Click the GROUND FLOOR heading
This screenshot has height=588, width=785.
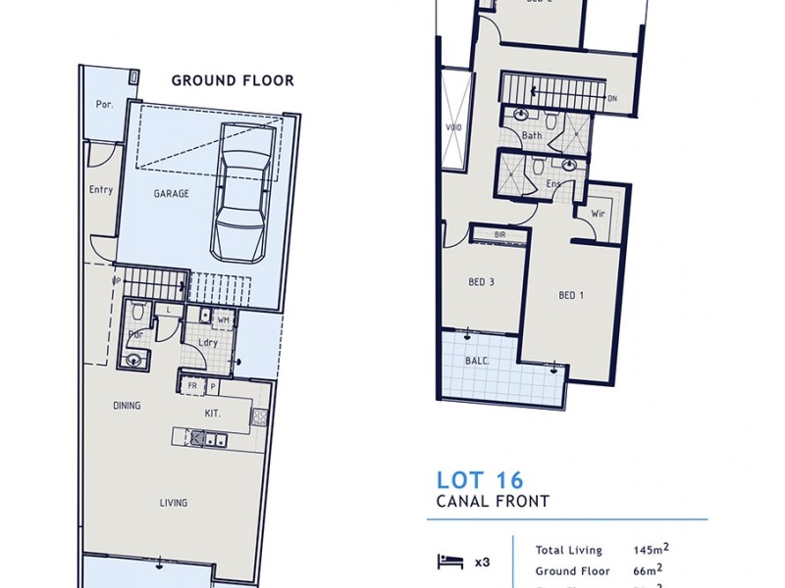233,80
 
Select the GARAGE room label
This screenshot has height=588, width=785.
171,194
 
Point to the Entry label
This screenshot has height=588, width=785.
101,190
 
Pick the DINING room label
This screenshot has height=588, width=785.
127,406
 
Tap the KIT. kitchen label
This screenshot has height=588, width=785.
212,415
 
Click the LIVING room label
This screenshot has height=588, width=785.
174,504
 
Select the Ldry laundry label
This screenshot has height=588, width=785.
207,343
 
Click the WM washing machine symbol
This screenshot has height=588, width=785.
223,318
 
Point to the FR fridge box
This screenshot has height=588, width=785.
192,387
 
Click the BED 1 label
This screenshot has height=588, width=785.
571,295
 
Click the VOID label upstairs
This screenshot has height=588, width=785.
454,126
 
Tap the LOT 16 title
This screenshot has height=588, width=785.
480,480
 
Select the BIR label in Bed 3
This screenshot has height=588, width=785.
500,235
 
